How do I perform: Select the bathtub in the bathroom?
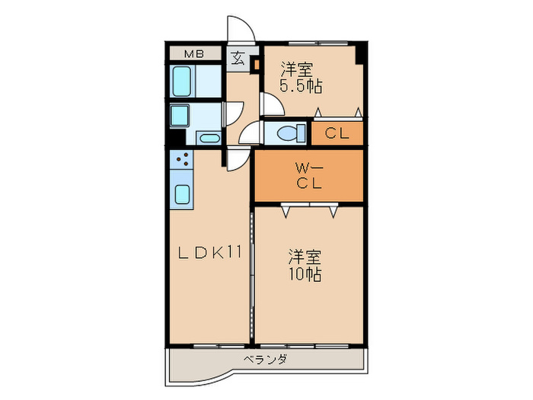[x=182, y=80]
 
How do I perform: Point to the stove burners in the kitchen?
[x=183, y=160]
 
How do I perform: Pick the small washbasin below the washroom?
[x=209, y=138]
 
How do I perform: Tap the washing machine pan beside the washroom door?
[x=180, y=115]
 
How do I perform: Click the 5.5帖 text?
[x=300, y=85]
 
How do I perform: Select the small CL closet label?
[x=337, y=133]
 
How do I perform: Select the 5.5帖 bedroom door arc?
[x=270, y=104]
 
